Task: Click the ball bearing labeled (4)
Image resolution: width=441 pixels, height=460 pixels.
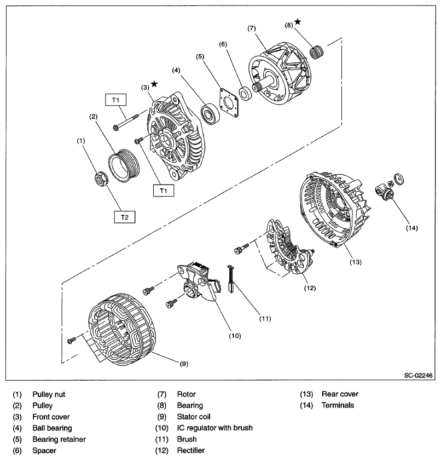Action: tap(210, 113)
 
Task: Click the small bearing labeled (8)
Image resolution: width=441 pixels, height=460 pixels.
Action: tap(315, 53)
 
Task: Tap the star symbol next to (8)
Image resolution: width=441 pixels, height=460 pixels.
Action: tap(297, 21)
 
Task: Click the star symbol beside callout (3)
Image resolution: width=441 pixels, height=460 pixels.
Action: tap(154, 84)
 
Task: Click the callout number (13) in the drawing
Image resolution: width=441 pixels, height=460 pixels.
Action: tap(356, 262)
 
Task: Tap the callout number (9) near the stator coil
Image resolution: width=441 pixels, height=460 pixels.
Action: tap(184, 363)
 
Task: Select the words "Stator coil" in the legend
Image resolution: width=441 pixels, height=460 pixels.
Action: tap(196, 417)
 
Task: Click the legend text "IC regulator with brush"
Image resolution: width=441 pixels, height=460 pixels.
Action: tap(214, 428)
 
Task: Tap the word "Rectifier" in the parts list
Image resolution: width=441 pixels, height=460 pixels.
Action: tap(191, 450)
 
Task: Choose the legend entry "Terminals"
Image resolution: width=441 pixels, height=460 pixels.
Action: tap(337, 405)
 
